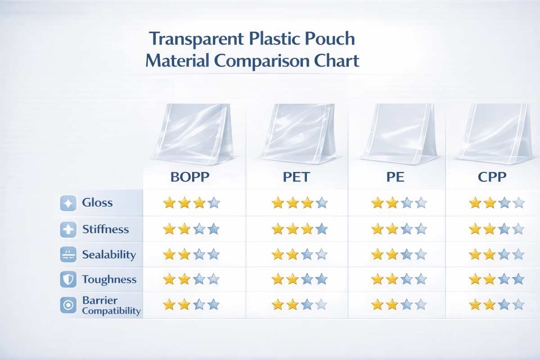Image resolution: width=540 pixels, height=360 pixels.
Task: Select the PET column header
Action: point(296,177)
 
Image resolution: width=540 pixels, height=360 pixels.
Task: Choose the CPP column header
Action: point(492,177)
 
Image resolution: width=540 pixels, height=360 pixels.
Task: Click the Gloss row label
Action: point(97,202)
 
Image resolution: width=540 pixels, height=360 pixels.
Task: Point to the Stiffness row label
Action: point(105,229)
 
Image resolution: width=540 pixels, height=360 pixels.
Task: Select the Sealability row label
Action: point(109,255)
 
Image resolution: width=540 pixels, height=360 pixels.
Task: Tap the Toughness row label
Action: point(109,279)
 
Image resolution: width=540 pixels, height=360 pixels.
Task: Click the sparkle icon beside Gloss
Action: point(68,203)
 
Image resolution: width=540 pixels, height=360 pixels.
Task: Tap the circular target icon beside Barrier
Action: point(68,305)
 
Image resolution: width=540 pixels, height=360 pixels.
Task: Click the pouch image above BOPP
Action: point(192,133)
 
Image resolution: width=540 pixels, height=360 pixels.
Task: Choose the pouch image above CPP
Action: point(493,132)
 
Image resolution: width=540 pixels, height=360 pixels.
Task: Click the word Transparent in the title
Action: point(193,40)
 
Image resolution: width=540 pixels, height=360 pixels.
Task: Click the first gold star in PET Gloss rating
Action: point(278,203)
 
